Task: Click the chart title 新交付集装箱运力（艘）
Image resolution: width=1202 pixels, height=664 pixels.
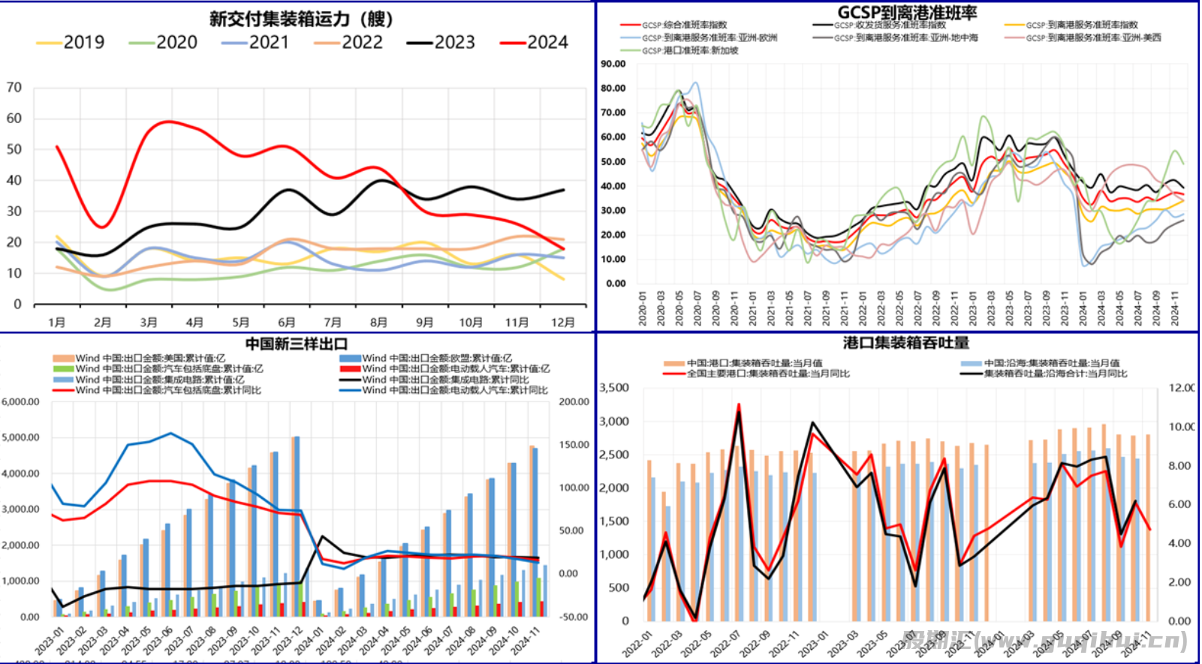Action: (x=300, y=19)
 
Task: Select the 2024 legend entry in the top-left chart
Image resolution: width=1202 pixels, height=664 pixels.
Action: (x=535, y=43)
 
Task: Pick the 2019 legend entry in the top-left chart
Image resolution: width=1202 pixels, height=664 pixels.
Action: (x=71, y=43)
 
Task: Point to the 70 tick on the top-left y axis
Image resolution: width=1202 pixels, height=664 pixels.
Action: (x=14, y=88)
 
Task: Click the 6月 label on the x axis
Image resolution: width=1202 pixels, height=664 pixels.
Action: (x=287, y=323)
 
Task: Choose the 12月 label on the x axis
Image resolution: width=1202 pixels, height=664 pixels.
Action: (x=563, y=323)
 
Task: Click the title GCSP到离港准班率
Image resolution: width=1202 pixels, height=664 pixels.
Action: (x=907, y=13)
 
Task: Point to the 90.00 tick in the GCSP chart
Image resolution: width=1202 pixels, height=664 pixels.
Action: (x=613, y=65)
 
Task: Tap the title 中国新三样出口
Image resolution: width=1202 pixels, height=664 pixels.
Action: (x=297, y=344)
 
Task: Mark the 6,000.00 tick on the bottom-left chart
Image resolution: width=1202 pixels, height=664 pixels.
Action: (x=20, y=402)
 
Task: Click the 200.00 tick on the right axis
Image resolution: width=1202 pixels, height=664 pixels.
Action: (x=574, y=402)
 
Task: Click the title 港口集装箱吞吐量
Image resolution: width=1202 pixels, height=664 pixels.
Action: (x=906, y=344)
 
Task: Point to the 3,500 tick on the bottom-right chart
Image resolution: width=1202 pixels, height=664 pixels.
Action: (x=614, y=388)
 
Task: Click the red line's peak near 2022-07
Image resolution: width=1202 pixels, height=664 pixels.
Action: (x=739, y=405)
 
